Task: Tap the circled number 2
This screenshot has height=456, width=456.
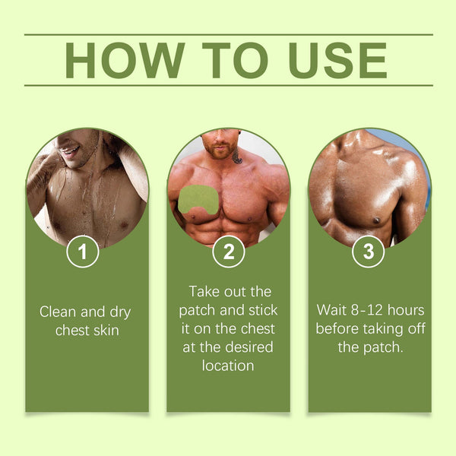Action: click(228, 252)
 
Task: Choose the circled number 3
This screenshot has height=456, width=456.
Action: click(369, 252)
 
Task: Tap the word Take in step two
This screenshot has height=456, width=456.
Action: click(203, 292)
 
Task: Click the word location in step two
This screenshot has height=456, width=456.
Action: click(228, 366)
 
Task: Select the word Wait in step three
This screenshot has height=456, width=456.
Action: click(331, 310)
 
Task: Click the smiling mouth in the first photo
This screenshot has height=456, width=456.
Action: click(70, 150)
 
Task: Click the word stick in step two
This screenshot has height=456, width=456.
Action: click(262, 311)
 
